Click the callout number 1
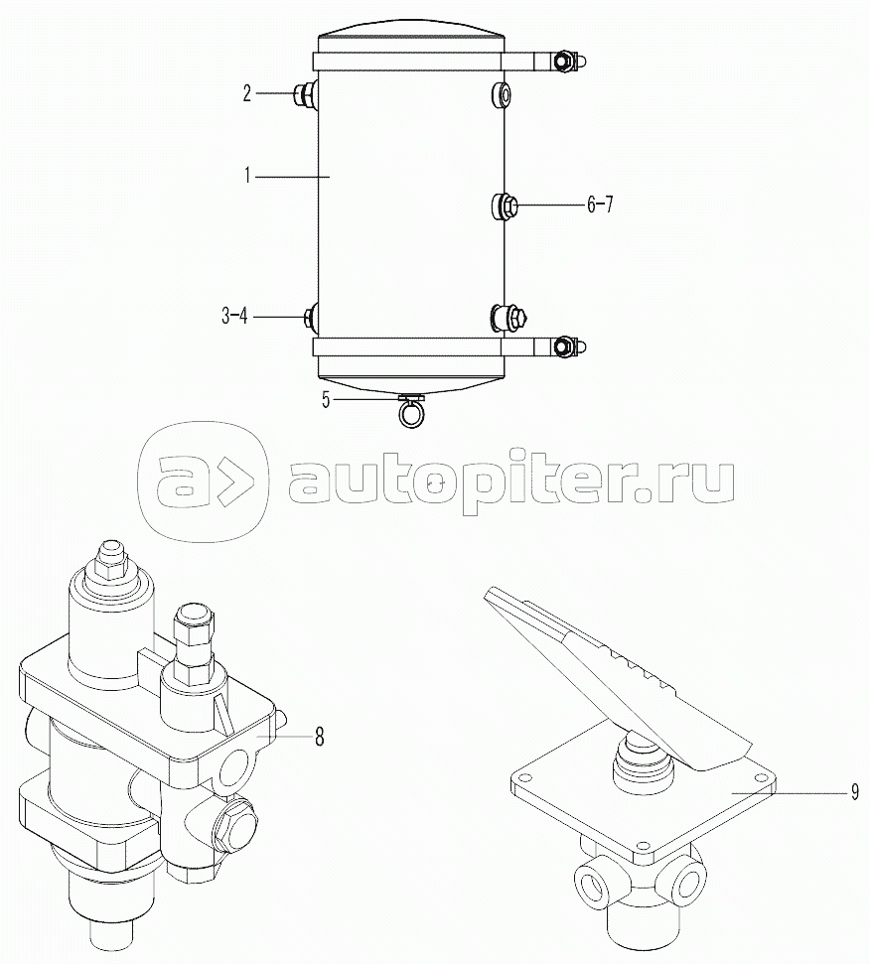247,177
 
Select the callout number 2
246,94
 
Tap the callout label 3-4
234,317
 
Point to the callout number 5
326,400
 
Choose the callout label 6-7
600,205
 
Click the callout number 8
320,737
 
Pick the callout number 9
855,793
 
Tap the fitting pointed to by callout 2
306,94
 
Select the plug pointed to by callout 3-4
311,317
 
